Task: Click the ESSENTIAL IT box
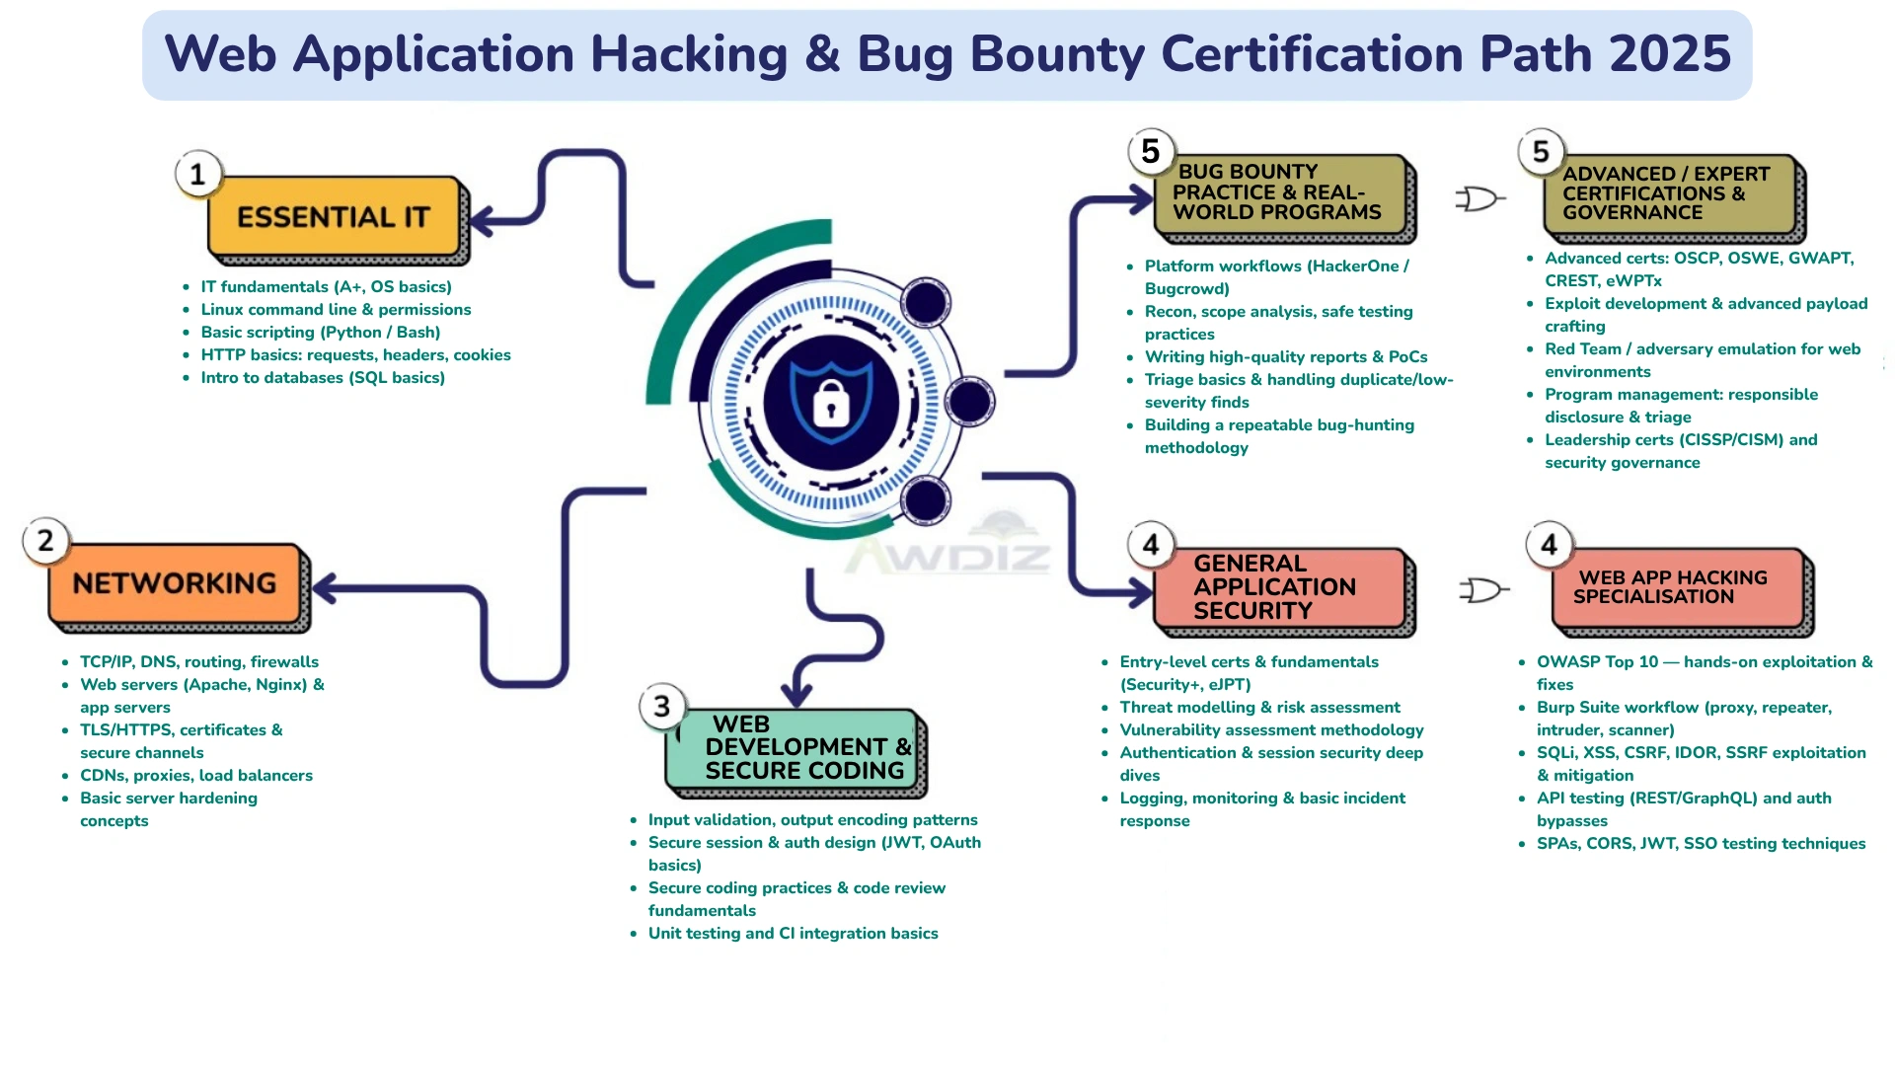334,217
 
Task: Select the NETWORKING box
175,583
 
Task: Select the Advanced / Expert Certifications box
1670,193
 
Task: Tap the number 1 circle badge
198,175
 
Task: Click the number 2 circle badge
45,541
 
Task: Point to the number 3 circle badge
662,707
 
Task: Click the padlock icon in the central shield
831,403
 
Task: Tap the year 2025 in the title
1670,54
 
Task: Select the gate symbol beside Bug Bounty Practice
1478,199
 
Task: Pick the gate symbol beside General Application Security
1482,590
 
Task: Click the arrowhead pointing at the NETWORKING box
324,588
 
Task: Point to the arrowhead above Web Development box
796,693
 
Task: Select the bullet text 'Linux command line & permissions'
336,310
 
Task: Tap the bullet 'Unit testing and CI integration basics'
793,934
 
